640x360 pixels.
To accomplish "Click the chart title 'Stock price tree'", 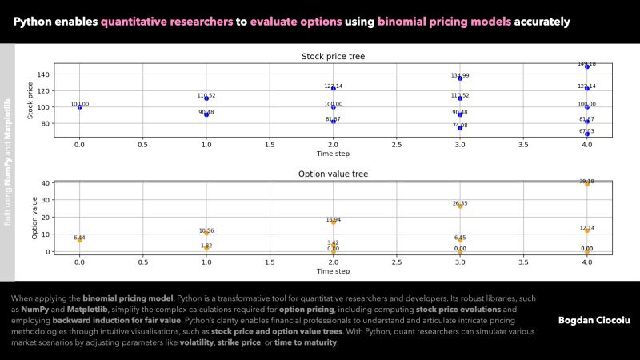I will (333, 56).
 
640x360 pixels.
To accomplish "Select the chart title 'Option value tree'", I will (333, 173).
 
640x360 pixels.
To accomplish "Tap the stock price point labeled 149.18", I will (586, 66).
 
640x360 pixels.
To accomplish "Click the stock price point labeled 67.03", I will (586, 134).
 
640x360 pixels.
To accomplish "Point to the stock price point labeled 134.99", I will (460, 78).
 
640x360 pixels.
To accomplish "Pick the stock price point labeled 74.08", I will (460, 128).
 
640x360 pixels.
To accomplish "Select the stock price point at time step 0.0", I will (79, 106).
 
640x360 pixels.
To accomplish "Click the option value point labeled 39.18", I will (586, 184).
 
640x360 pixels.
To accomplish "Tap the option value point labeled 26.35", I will (460, 206).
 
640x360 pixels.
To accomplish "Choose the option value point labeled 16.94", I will (334, 222).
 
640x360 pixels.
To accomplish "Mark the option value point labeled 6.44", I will (79, 240).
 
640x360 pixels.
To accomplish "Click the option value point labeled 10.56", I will (206, 234).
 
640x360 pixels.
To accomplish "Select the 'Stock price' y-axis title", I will (30, 101).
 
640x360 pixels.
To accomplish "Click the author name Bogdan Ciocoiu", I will (594, 320).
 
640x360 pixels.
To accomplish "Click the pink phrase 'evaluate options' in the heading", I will (295, 22).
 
